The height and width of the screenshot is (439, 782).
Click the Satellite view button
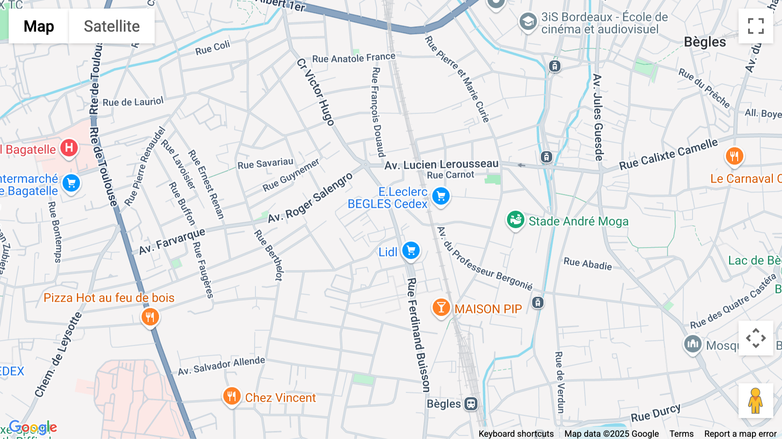[112, 26]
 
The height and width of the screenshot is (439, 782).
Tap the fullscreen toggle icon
[755, 26]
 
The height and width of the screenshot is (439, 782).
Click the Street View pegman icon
[755, 401]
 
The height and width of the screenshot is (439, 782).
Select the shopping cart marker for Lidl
[411, 251]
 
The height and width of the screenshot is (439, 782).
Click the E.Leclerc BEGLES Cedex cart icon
[441, 196]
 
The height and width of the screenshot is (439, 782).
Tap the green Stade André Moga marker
[516, 220]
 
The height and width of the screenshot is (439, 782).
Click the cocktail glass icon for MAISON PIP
[441, 308]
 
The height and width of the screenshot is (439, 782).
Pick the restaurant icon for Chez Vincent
[232, 396]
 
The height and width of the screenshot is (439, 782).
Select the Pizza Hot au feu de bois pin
[150, 317]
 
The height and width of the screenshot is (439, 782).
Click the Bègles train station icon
[471, 404]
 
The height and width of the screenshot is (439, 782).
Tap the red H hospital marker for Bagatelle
[69, 148]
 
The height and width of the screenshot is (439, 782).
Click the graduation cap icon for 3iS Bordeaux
[528, 21]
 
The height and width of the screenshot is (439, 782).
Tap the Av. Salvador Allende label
[221, 366]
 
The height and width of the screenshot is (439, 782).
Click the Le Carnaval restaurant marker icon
[734, 156]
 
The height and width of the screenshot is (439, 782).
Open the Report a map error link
[740, 434]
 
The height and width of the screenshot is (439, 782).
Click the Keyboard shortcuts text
[516, 434]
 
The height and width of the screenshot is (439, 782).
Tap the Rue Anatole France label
[354, 58]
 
